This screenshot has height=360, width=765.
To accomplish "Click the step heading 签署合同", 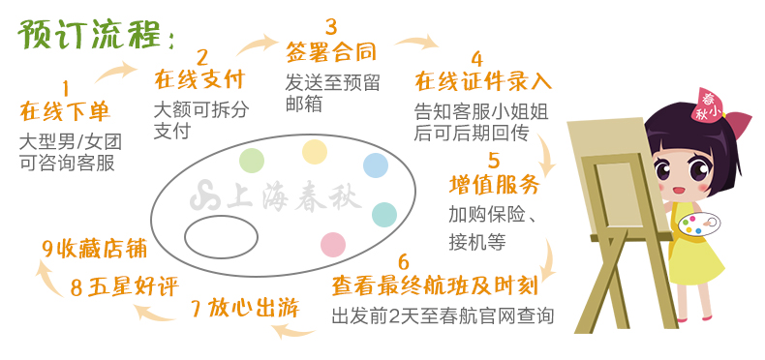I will pyautogui.click(x=331, y=51).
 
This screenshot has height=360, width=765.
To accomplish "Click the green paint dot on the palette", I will pyautogui.click(x=252, y=161).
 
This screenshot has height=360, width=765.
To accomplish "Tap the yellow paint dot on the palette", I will pyautogui.click(x=315, y=152).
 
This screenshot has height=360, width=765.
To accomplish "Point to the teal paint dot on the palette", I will pyautogui.click(x=384, y=215).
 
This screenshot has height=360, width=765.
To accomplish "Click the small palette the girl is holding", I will pyautogui.click(x=699, y=225).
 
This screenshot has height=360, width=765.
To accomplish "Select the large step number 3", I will pyautogui.click(x=331, y=26).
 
